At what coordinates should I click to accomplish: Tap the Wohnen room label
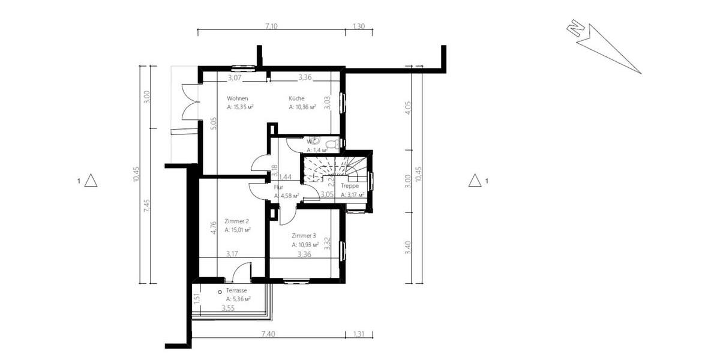pyautogui.click(x=238, y=98)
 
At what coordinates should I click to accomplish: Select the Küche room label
pyautogui.click(x=296, y=98)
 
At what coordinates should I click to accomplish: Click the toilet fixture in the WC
pyautogui.click(x=335, y=143)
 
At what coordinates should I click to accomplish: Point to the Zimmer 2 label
pyautogui.click(x=236, y=221)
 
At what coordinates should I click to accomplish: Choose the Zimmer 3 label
pyautogui.click(x=304, y=236)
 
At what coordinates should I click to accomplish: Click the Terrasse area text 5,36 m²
pyautogui.click(x=238, y=298)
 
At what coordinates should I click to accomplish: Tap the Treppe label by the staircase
pyautogui.click(x=350, y=186)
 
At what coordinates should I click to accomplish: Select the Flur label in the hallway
pyautogui.click(x=279, y=187)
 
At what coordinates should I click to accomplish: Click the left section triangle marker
pyautogui.click(x=91, y=180)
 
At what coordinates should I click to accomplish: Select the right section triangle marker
pyautogui.click(x=475, y=180)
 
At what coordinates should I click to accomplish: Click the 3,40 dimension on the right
pyautogui.click(x=408, y=247)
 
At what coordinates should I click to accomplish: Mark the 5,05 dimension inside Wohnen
pyautogui.click(x=213, y=124)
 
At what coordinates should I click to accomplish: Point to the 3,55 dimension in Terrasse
pyautogui.click(x=228, y=308)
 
